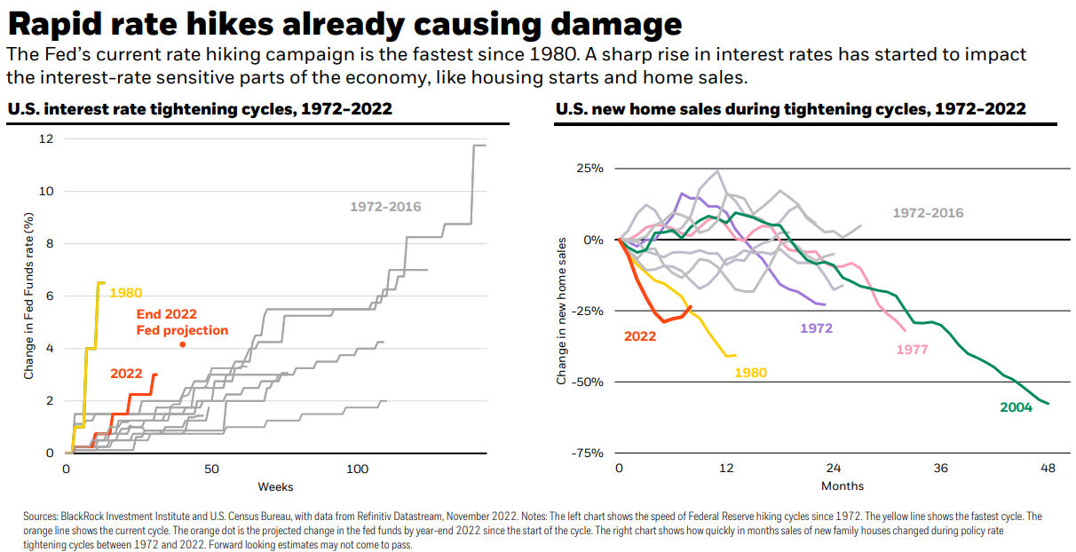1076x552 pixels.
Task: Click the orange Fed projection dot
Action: (182, 344)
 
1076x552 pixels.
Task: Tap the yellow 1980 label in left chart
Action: (126, 293)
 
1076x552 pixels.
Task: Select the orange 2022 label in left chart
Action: (127, 374)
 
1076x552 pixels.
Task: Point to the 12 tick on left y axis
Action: (47, 139)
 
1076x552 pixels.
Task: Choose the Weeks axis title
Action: (275, 486)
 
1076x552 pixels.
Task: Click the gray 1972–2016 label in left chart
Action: (385, 207)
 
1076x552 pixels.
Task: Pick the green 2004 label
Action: (1017, 407)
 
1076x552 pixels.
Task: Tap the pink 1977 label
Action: (912, 349)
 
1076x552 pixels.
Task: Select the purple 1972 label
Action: (817, 327)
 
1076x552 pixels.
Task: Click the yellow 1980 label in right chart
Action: (751, 373)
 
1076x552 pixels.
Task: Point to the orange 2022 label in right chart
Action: (640, 336)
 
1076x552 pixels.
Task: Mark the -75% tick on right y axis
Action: (587, 453)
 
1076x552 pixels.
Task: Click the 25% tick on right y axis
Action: (590, 169)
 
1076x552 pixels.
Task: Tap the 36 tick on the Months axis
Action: (940, 469)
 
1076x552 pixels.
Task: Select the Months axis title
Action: (842, 486)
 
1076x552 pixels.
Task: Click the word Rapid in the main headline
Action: (60, 24)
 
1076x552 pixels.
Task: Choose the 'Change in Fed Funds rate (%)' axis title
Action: (29, 296)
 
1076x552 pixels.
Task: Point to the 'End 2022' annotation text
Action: (167, 314)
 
